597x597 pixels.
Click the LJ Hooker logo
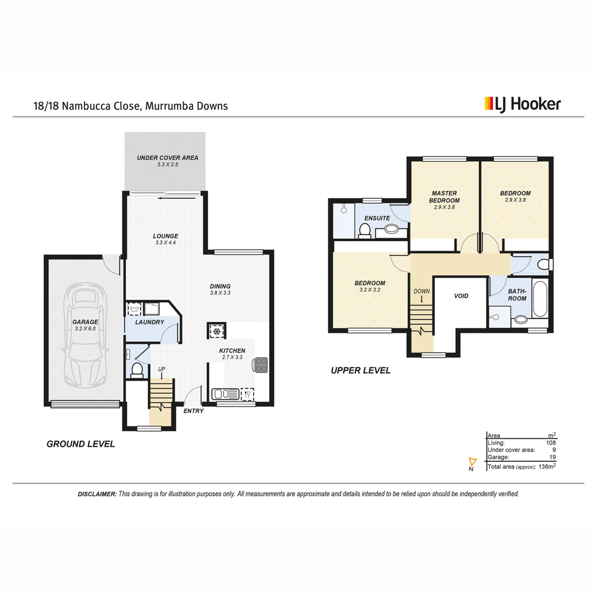(x=523, y=105)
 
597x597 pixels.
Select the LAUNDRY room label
(x=150, y=322)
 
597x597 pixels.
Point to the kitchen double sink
(x=225, y=394)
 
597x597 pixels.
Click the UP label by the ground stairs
(x=162, y=369)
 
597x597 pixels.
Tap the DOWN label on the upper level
(x=422, y=291)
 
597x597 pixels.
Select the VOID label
(x=461, y=296)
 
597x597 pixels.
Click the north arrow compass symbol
(x=473, y=462)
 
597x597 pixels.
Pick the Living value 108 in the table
(x=551, y=443)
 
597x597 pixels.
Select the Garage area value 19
(x=553, y=457)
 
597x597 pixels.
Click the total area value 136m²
(x=547, y=466)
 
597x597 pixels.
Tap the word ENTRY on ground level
(x=193, y=411)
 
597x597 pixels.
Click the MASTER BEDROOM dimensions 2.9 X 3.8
(x=444, y=207)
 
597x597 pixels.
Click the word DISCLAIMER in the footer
(x=97, y=494)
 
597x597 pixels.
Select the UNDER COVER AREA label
(x=168, y=158)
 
